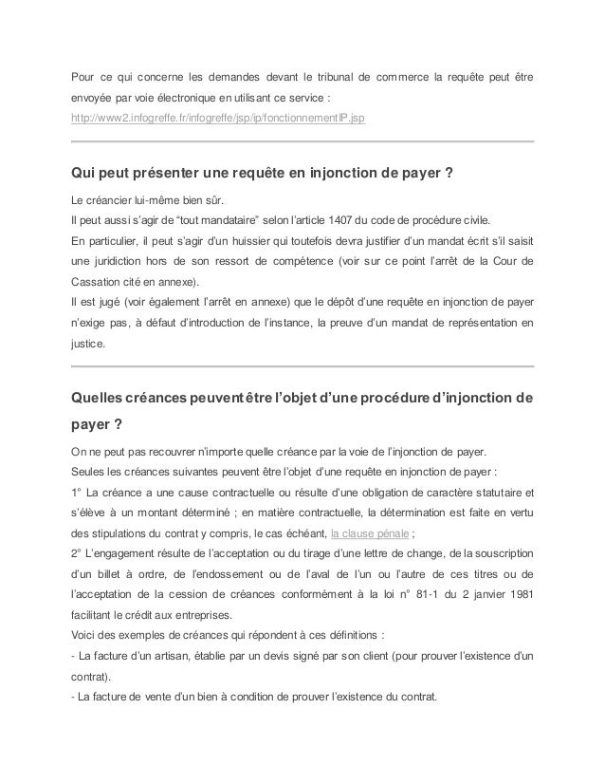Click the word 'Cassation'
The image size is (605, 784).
102,282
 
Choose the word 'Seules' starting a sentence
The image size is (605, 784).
88,470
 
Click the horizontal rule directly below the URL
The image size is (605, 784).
302,140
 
